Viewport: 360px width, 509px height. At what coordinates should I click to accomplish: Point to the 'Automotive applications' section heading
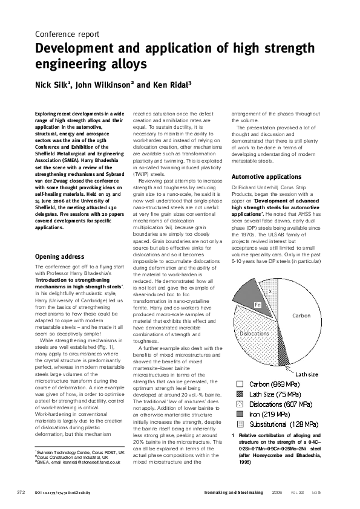click(266, 177)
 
